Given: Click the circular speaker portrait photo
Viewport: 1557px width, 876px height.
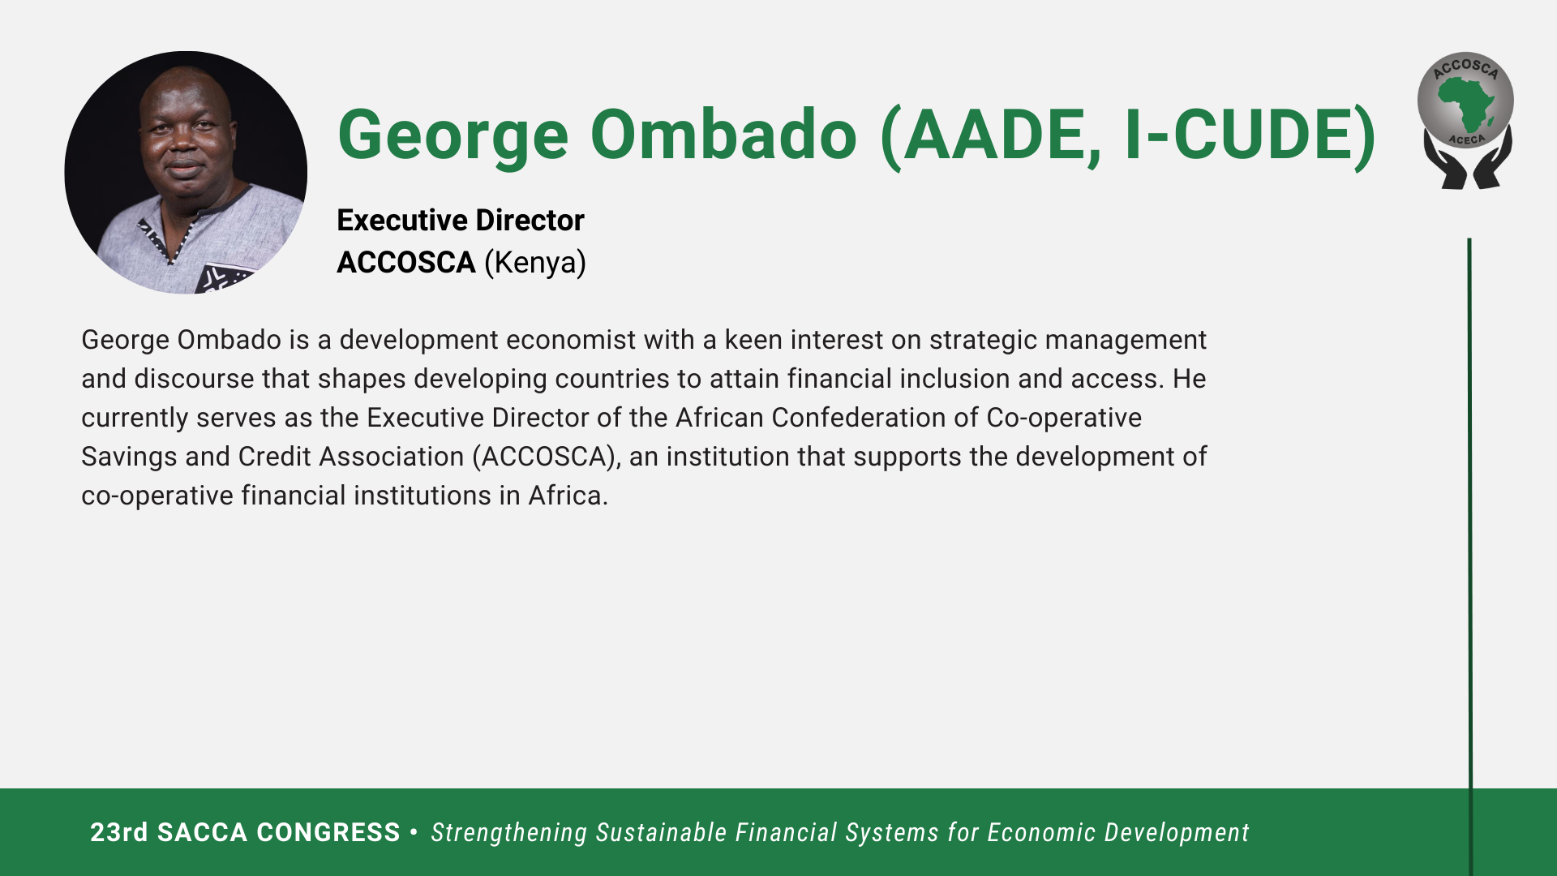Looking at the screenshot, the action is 186,172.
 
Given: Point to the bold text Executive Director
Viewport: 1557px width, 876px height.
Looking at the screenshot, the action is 461,220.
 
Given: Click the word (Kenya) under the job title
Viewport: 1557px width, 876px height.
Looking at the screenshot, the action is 535,263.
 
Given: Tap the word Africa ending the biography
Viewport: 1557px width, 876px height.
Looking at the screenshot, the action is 568,496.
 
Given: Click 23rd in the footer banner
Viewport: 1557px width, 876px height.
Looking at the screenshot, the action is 119,832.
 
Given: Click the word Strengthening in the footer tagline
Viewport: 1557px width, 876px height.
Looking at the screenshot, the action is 509,833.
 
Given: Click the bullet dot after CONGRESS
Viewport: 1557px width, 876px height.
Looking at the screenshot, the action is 414,831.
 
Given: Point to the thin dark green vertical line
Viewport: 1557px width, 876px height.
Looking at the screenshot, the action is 1469,556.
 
